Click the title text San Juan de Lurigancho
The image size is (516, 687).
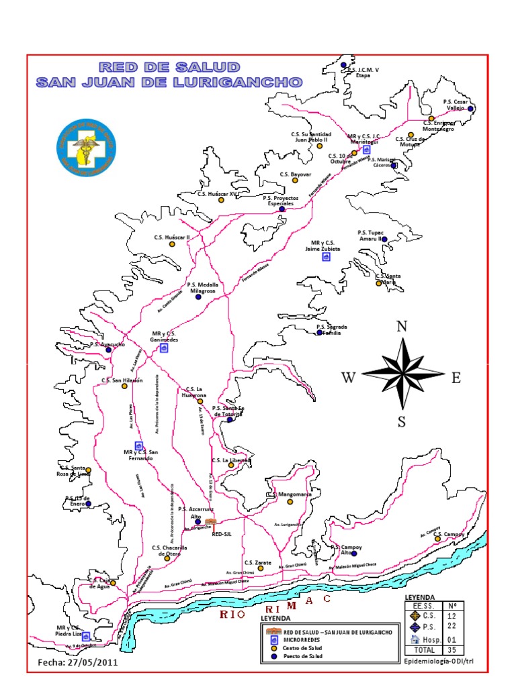coord(169,83)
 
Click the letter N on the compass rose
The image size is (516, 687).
coord(402,327)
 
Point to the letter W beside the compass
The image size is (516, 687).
coord(348,378)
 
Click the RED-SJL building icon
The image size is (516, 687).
coord(210,521)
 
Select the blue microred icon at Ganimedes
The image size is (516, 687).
coord(163,348)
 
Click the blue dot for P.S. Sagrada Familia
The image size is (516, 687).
coord(320,332)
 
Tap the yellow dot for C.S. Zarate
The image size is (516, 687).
coord(261,568)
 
